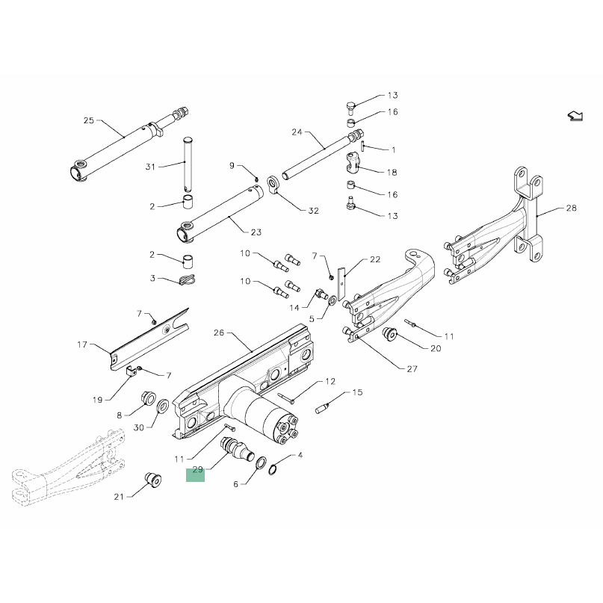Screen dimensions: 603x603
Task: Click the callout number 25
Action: pos(89,120)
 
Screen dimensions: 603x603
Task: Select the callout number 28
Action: pos(572,208)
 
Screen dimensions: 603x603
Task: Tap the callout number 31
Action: pos(150,167)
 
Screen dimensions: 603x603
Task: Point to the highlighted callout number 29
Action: pos(198,469)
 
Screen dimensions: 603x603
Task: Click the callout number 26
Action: pos(219,333)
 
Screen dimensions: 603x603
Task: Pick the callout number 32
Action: pos(314,211)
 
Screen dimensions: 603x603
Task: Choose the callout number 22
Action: pos(375,259)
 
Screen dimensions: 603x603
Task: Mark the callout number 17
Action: pos(82,344)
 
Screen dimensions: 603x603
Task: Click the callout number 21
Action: pos(119,497)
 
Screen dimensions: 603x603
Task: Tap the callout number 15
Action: pos(358,392)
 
